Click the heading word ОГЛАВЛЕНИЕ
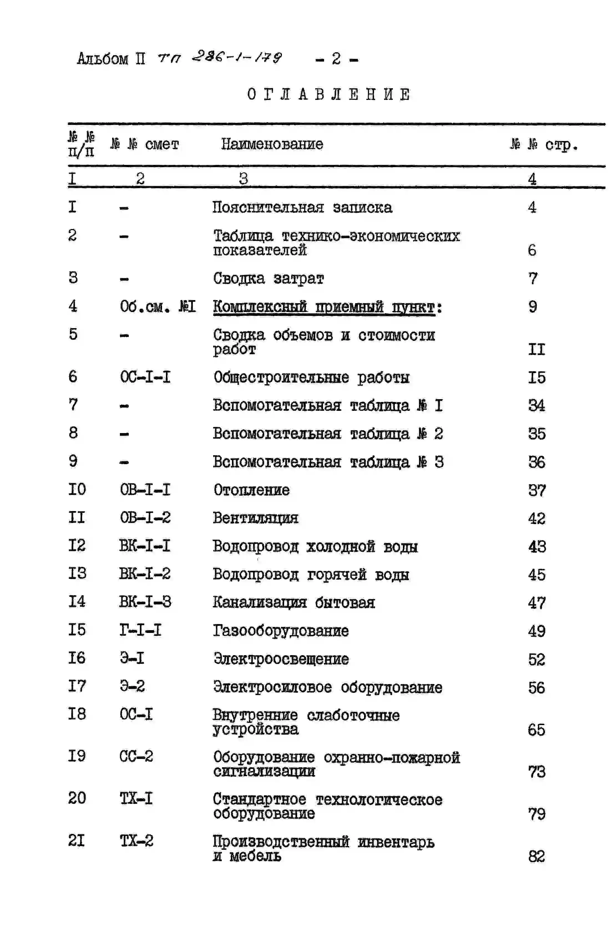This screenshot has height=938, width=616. (x=329, y=95)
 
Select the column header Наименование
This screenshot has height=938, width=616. (x=272, y=144)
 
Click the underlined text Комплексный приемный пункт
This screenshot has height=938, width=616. (x=324, y=307)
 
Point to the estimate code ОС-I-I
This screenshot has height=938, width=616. (x=145, y=377)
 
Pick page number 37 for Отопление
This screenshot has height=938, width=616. (x=536, y=490)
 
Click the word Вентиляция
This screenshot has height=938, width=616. (x=255, y=518)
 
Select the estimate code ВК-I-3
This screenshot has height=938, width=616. (x=145, y=602)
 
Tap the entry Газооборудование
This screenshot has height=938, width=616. (x=281, y=631)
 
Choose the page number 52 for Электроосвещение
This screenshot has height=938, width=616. (x=536, y=659)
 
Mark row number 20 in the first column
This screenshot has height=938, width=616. (x=77, y=798)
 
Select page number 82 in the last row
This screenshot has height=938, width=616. (x=536, y=856)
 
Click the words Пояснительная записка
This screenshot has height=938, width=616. (x=302, y=207)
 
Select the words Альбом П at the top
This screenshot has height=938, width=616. (x=111, y=59)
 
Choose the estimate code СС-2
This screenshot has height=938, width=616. (x=136, y=756)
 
